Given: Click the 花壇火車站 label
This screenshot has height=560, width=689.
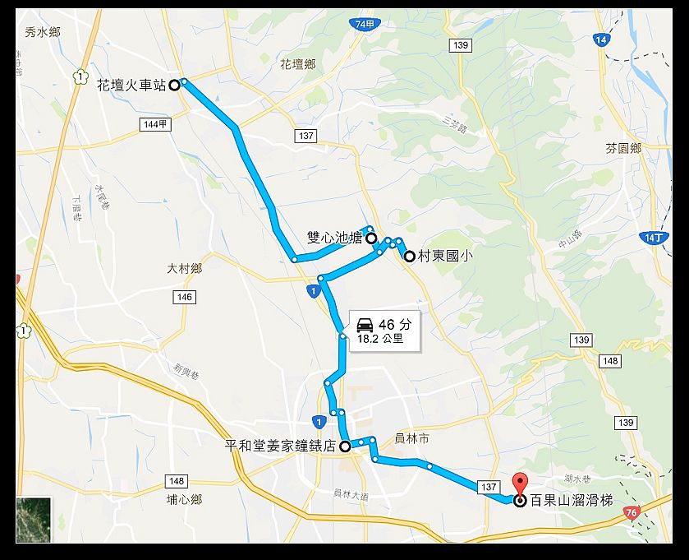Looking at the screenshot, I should [131, 84].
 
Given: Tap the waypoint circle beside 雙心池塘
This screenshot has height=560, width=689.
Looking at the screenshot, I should [371, 238].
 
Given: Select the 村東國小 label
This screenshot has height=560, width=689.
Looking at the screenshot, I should [444, 256].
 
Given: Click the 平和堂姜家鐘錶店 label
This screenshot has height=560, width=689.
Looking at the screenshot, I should [282, 447].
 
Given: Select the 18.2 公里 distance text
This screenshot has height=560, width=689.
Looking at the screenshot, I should [380, 338].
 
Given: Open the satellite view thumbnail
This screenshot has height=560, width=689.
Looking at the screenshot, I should [34, 520].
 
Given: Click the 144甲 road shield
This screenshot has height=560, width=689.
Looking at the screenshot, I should [154, 123].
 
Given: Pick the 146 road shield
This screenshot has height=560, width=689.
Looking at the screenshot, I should [184, 297].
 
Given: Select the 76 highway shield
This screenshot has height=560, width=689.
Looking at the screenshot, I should [631, 512].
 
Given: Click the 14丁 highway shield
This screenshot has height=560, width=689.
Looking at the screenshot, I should [652, 237].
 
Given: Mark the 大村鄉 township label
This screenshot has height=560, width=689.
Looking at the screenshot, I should [184, 268].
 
